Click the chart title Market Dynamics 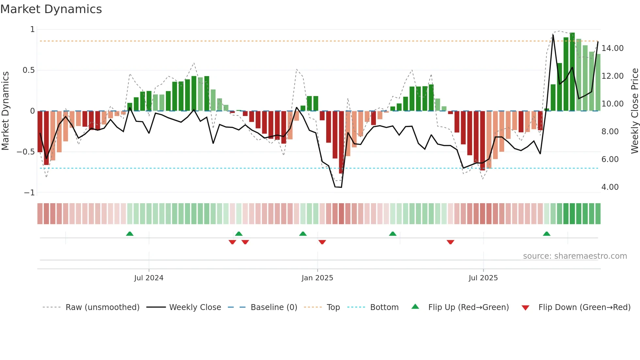pyautogui.click(x=51, y=9)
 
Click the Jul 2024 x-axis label pyautogui.click(x=149, y=278)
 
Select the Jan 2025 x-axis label pyautogui.click(x=317, y=278)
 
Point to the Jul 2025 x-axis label pyautogui.click(x=483, y=278)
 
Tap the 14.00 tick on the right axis pyautogui.click(x=612, y=48)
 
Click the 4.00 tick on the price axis pyautogui.click(x=610, y=187)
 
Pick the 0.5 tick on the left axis pyautogui.click(x=28, y=70)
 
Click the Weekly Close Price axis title pyautogui.click(x=634, y=111)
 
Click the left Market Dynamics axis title pyautogui.click(x=5, y=111)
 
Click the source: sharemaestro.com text pyautogui.click(x=575, y=256)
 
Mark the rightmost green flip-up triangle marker pyautogui.click(x=547, y=234)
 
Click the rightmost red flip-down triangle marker pyautogui.click(x=450, y=242)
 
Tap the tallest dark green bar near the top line pyautogui.click(x=572, y=72)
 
